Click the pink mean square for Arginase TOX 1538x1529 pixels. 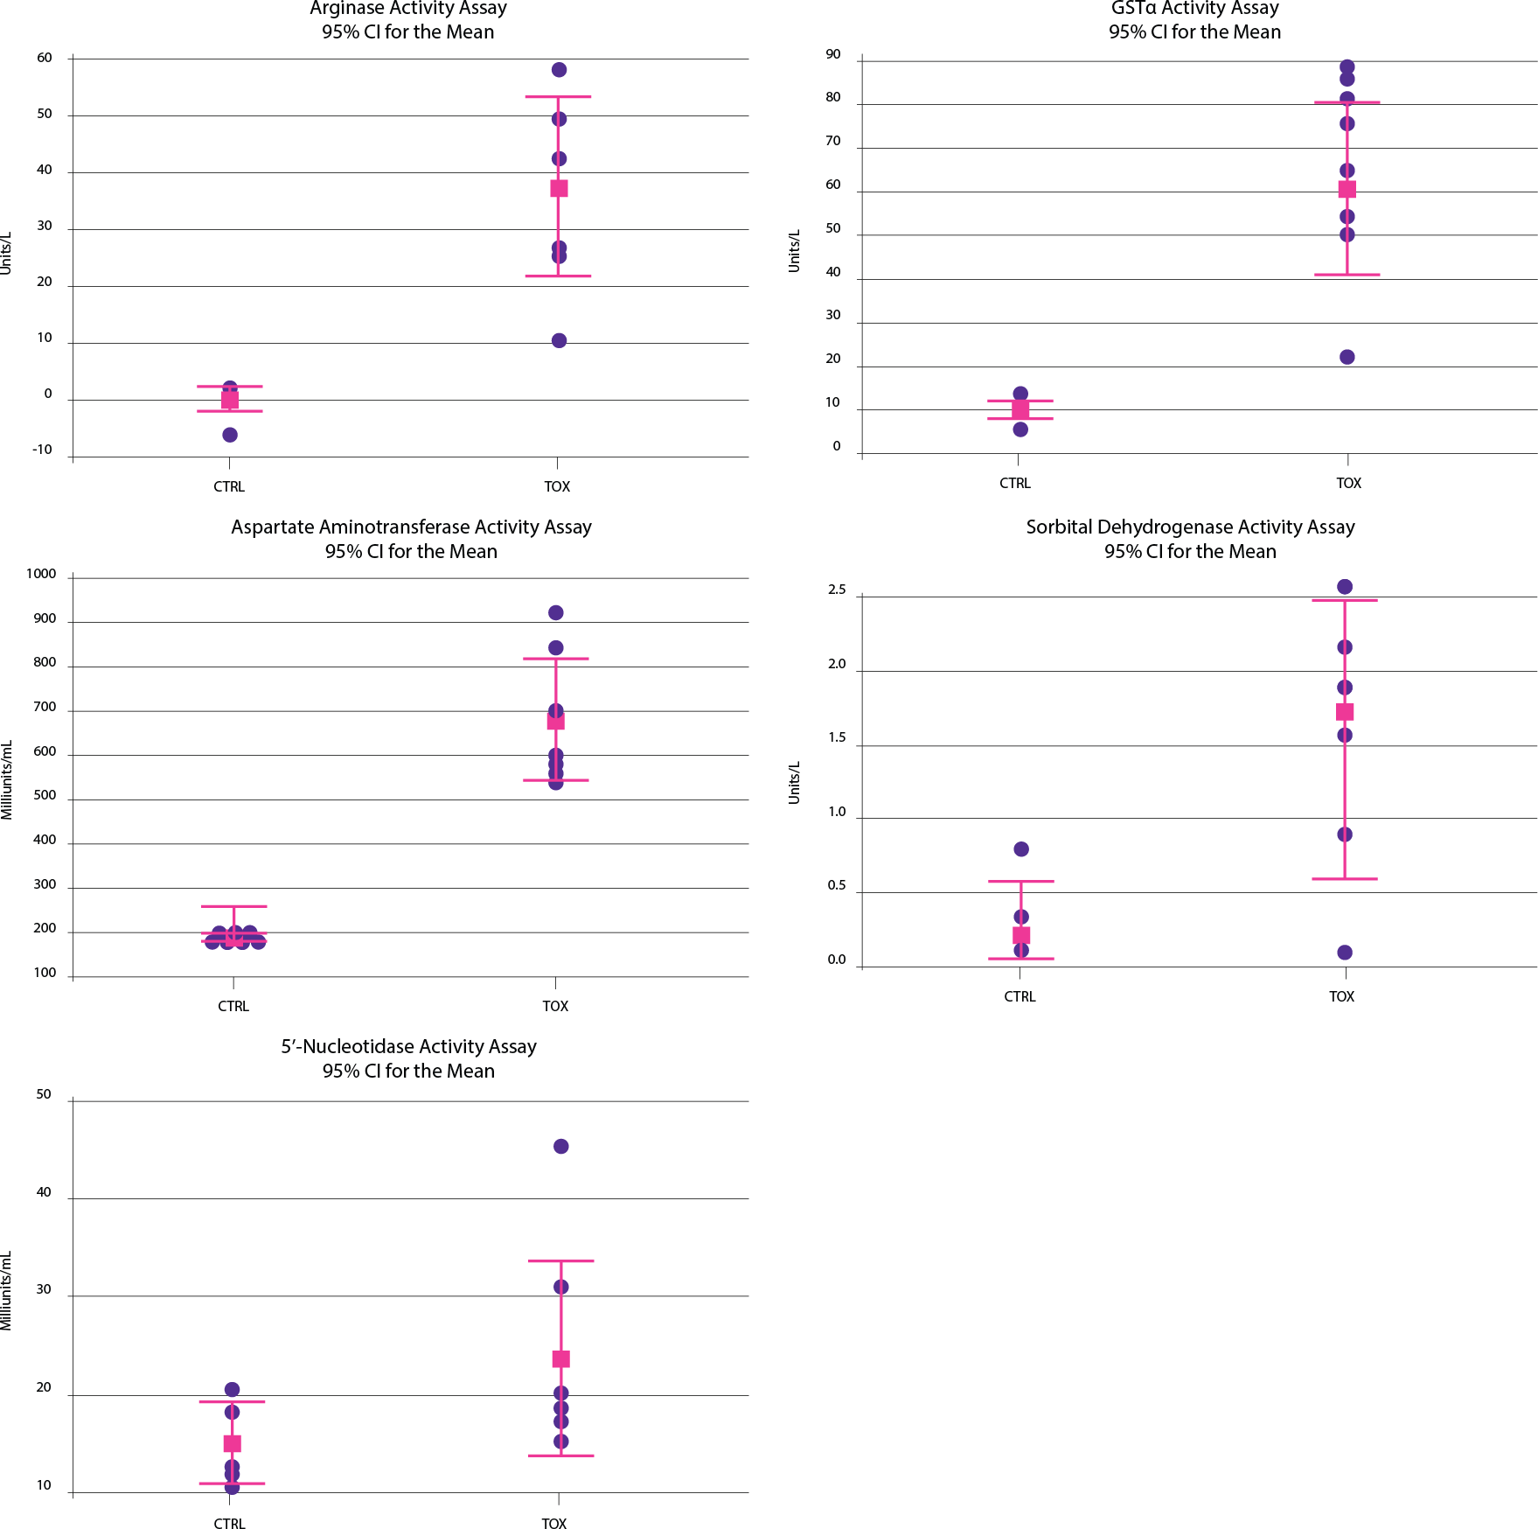(x=559, y=188)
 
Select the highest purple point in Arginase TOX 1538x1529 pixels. (x=559, y=70)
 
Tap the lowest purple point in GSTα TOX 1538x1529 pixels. (x=1347, y=357)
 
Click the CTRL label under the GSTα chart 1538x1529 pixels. (x=1015, y=483)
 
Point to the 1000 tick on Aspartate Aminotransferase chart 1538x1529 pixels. (x=41, y=574)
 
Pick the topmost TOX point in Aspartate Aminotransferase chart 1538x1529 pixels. (x=556, y=612)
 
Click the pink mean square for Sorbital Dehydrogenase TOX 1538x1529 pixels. (x=1345, y=712)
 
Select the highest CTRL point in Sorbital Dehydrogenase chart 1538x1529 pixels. (x=1021, y=849)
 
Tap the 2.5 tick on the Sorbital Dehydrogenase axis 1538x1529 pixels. (x=837, y=590)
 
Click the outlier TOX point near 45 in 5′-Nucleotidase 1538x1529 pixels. (x=561, y=1146)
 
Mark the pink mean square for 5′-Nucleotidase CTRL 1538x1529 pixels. (x=233, y=1443)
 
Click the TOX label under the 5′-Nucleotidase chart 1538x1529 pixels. (x=553, y=1524)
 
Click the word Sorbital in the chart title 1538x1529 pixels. (x=1058, y=527)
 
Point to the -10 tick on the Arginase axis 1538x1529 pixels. (x=42, y=450)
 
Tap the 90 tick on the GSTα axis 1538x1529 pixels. (x=833, y=54)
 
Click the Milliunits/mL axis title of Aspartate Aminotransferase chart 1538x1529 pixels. (x=7, y=779)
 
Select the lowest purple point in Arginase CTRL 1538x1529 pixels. (x=230, y=435)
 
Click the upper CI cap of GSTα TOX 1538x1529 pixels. (x=1347, y=103)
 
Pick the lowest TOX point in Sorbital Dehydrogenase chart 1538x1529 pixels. (x=1345, y=953)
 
